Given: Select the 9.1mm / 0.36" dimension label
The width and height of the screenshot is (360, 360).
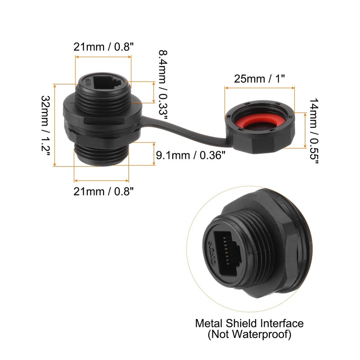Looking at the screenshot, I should tap(191, 156).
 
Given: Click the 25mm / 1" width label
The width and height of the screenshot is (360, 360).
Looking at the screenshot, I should tap(260, 78).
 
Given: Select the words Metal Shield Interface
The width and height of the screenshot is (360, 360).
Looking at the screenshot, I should tap(249, 323).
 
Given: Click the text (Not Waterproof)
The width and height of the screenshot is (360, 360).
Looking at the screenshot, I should tap(249, 334).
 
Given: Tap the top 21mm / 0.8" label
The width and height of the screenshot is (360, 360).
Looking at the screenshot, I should tap(103, 46).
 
